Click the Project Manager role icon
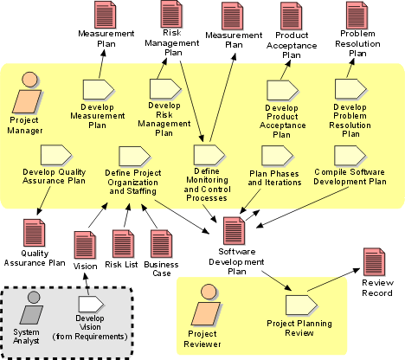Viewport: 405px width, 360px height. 27,93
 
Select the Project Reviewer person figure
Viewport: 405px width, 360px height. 207,305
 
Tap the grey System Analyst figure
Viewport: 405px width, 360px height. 32,307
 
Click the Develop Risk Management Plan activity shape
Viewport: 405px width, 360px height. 165,89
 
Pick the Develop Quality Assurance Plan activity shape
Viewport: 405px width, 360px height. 56,155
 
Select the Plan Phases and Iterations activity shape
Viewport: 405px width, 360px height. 277,156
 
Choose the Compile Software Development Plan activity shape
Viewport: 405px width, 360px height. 350,155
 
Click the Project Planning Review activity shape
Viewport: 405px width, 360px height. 301,305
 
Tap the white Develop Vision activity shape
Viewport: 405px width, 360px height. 91,305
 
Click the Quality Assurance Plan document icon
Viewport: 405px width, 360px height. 34,233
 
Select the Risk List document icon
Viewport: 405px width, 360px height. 124,244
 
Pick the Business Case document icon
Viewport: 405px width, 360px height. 162,244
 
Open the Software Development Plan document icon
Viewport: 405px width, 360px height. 235,231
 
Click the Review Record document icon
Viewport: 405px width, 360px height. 375,261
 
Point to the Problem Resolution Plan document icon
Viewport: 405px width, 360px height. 357,15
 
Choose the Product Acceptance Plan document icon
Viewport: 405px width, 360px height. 291,16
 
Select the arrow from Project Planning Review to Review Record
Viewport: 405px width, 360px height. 334,280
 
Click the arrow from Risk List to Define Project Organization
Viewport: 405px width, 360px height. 127,215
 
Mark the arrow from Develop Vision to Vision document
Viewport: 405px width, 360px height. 87,284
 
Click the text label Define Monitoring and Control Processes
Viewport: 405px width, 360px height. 207,184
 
